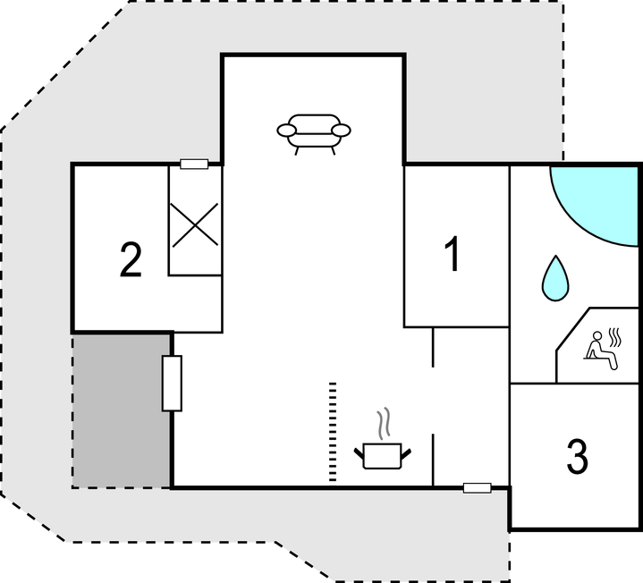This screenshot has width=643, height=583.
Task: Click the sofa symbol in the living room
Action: (x=314, y=131)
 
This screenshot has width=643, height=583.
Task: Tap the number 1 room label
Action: (x=453, y=255)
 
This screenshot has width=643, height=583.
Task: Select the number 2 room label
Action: (x=131, y=260)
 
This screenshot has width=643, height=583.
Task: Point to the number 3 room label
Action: (x=578, y=457)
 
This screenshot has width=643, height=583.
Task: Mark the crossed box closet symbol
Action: (x=195, y=224)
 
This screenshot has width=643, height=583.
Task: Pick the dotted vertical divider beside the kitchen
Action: (x=333, y=431)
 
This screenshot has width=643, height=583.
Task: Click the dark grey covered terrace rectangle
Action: (x=122, y=410)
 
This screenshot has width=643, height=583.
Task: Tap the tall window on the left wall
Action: (x=172, y=383)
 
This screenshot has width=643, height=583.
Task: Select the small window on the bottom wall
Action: (x=477, y=487)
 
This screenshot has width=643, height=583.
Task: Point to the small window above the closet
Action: (x=194, y=164)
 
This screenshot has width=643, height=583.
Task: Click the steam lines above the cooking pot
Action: (x=385, y=424)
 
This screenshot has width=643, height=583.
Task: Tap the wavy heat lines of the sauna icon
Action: (x=615, y=337)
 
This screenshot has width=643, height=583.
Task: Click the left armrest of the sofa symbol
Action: (x=287, y=131)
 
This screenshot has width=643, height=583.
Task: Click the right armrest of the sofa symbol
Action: (x=341, y=131)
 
